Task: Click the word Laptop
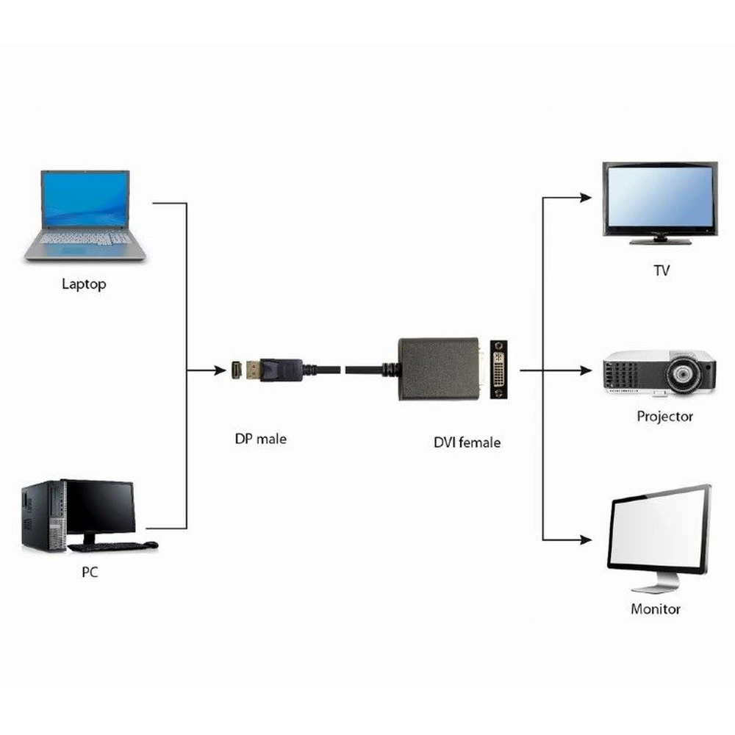[84, 284]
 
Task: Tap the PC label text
[90, 572]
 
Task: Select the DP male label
[261, 439]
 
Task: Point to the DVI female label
[467, 442]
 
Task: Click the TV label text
[661, 270]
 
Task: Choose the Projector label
[664, 416]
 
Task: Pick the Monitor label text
[656, 609]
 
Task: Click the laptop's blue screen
[85, 198]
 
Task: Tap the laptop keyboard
[85, 239]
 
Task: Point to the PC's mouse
[151, 545]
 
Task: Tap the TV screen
[659, 196]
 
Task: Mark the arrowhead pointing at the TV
[585, 197]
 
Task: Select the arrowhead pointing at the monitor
[585, 539]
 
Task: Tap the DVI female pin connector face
[500, 369]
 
